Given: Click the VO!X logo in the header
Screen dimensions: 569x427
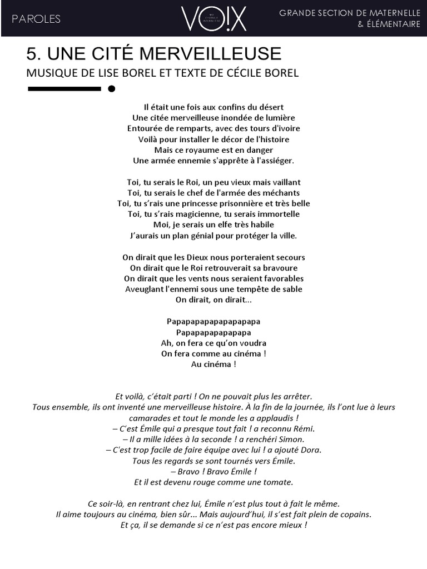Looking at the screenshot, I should click(x=213, y=18).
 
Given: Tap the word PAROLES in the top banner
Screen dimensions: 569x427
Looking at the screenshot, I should click(x=36, y=19).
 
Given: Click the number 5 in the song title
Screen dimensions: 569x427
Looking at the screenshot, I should click(x=32, y=54).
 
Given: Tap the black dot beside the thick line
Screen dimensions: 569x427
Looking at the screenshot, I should click(x=111, y=88).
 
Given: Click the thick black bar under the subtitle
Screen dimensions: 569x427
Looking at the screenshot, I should click(x=63, y=88).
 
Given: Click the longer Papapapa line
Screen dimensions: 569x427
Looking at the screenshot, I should click(x=213, y=322).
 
